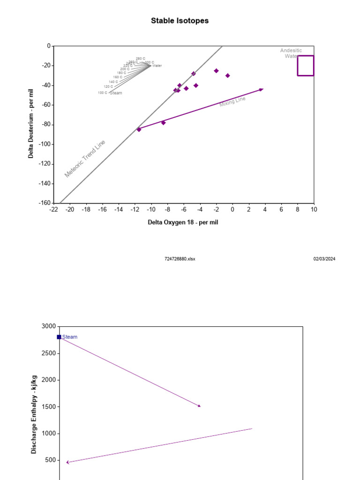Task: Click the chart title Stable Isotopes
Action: point(180,21)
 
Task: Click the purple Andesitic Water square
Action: point(305,66)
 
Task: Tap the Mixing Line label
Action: point(232,102)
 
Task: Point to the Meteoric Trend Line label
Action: point(85,159)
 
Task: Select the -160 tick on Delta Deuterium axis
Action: point(44,203)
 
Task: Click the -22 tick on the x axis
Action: point(53,210)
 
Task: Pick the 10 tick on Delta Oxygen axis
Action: point(313,210)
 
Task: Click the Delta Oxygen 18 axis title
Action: point(183,222)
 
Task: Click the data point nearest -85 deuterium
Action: point(139,129)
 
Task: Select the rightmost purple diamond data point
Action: point(227,75)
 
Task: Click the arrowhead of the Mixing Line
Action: point(262,89)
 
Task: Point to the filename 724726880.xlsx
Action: point(180,259)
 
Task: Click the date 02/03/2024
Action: point(324,259)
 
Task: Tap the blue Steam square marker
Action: point(59,337)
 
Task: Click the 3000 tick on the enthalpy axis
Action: point(48,326)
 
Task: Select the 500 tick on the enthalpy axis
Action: point(50,460)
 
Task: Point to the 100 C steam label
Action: point(102,93)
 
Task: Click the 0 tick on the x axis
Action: point(232,210)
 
